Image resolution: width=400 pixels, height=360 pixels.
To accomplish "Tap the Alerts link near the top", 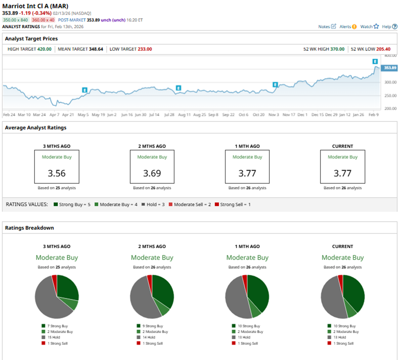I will [x=348, y=26].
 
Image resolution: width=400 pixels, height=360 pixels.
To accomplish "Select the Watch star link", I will [x=369, y=26].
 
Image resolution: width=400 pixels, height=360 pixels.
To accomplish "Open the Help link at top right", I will [x=389, y=26].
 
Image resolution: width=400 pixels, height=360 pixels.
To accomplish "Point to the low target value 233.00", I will [x=143, y=49].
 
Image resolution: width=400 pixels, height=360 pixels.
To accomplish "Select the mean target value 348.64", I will [x=96, y=49].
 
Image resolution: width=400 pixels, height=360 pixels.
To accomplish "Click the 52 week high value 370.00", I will [x=336, y=49].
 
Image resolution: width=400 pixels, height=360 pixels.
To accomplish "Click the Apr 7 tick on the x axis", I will [x=54, y=115].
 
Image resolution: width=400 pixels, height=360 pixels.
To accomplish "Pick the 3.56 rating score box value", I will [x=57, y=173].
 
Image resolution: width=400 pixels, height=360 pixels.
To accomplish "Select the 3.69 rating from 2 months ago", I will [x=152, y=173].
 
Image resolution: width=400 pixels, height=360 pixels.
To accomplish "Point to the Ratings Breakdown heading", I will [x=29, y=228].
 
